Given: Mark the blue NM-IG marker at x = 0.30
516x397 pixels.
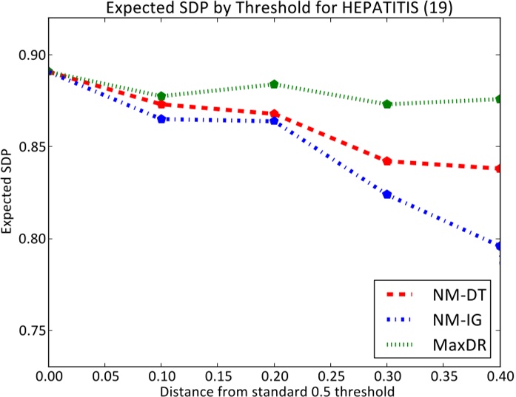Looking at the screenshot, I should (387, 194).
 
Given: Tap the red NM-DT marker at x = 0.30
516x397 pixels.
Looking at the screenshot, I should (387, 161).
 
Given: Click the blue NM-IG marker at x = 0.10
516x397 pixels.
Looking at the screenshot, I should (161, 119).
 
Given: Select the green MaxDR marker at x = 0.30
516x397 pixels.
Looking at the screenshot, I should (387, 104).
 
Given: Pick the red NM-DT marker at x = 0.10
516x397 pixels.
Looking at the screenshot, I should (161, 104).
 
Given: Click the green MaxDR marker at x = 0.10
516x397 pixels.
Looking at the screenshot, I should (161, 96).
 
